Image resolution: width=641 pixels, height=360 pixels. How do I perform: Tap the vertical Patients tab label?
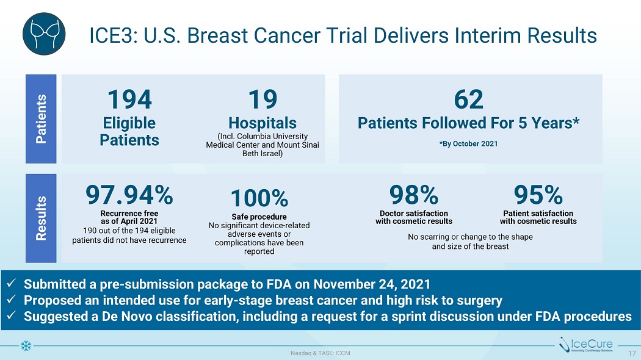pos(41,118)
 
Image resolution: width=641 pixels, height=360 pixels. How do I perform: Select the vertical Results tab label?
pos(41,218)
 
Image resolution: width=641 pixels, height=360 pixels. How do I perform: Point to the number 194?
pos(129,98)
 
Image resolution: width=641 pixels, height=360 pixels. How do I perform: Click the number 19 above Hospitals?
pos(263,98)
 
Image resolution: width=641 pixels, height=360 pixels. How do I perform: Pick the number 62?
pos(468,98)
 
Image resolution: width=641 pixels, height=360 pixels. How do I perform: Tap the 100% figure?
pos(259,198)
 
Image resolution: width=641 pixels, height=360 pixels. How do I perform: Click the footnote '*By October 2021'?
pos(468,143)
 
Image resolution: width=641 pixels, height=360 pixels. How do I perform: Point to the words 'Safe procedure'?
pos(259,217)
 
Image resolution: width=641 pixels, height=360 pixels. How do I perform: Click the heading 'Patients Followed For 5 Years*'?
pos(468,123)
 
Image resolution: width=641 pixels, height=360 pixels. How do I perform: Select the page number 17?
pos(632,352)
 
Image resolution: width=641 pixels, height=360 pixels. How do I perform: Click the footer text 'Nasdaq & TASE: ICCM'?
pos(320,353)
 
